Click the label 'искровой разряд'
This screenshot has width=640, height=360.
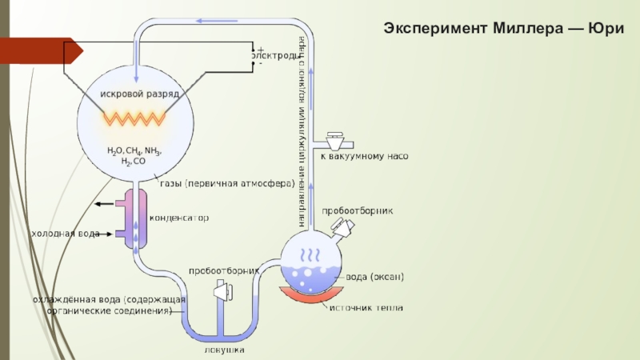pos(134,94)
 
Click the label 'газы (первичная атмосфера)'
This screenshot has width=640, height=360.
pos(227,183)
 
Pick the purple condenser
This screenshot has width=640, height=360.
pos(133,218)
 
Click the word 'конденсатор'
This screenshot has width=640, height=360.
pos(180,217)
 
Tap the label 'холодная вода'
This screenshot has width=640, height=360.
pos(66,234)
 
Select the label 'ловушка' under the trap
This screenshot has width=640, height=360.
pos(224,350)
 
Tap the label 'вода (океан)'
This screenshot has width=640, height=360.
pos(374,277)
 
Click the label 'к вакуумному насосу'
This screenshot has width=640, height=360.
pos(365,157)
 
